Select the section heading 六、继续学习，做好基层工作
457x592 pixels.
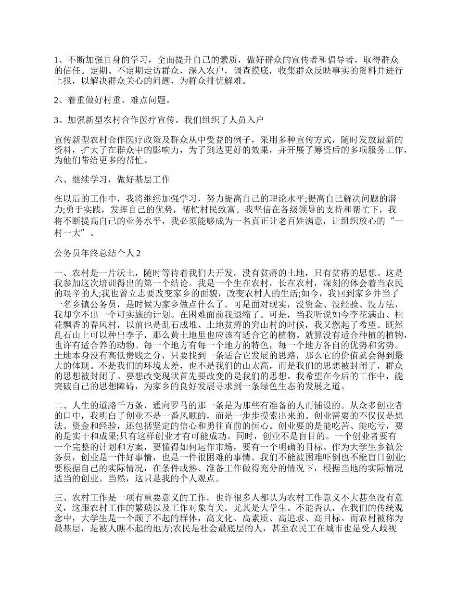(112, 180)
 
